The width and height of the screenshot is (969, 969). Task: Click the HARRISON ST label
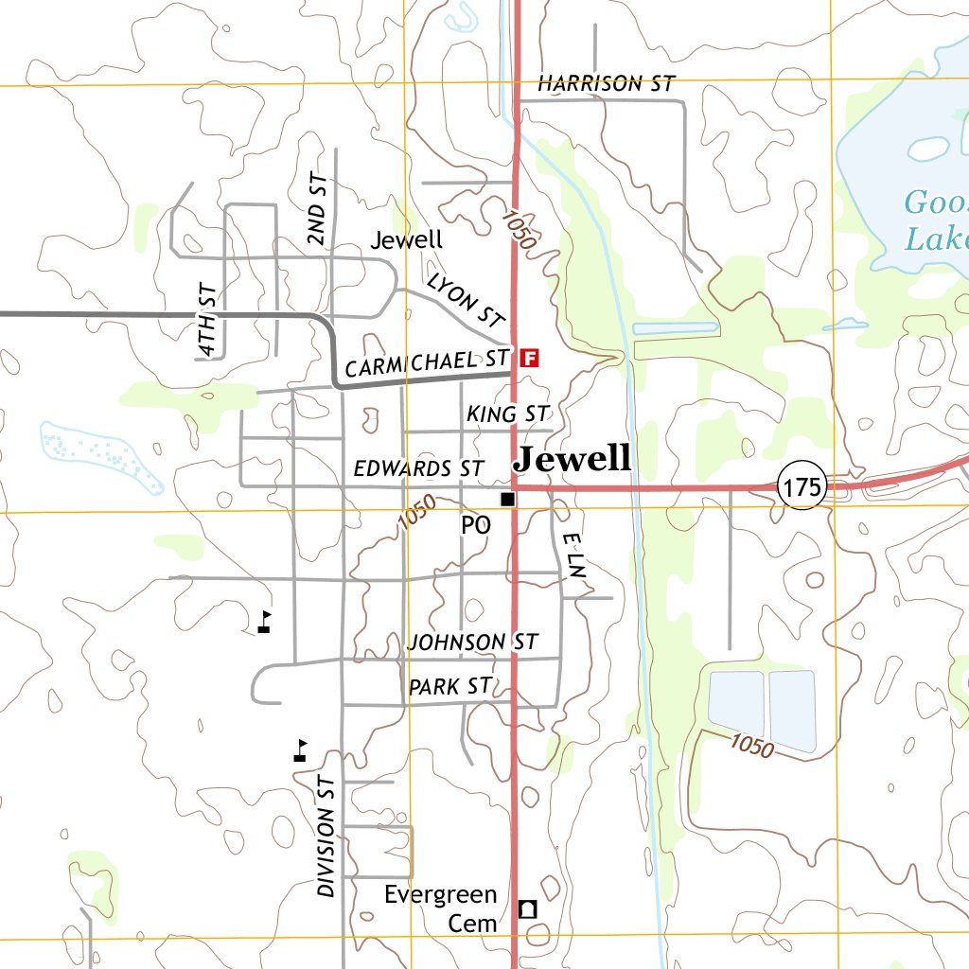[x=606, y=84]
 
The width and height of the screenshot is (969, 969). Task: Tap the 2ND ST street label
[x=318, y=210]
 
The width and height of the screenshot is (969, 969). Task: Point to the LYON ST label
[x=467, y=300]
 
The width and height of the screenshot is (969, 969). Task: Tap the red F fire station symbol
[x=530, y=358]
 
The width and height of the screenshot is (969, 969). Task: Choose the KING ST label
[x=508, y=414]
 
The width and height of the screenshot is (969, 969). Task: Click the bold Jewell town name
[x=572, y=460]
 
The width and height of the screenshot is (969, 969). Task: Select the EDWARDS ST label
[x=418, y=468]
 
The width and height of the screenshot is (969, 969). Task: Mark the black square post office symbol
[x=508, y=499]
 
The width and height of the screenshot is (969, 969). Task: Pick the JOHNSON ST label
[x=472, y=643]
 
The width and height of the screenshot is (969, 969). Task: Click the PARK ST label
[x=450, y=687]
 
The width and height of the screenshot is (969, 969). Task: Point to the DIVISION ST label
[x=326, y=836]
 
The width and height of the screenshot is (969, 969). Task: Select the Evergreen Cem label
[x=441, y=908]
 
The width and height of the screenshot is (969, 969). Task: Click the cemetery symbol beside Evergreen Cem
[x=528, y=909]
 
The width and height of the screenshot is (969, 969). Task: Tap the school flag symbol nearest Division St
[x=301, y=751]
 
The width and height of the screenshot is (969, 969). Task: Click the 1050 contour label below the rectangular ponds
[x=752, y=746]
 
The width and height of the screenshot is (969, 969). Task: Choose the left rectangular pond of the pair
[x=736, y=705]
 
